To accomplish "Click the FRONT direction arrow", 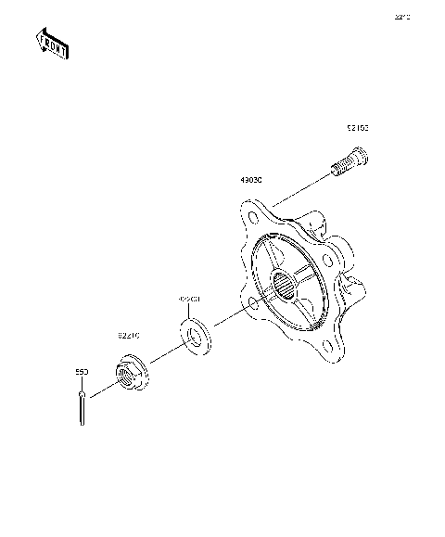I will [51, 43].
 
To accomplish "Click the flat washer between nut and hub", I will [194, 336].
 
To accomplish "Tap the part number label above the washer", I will [189, 300].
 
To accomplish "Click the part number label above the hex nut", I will [128, 334].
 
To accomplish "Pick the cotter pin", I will [83, 405].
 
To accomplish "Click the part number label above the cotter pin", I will [81, 370].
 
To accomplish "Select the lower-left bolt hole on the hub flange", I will [254, 304].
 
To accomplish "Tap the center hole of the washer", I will [194, 336].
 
